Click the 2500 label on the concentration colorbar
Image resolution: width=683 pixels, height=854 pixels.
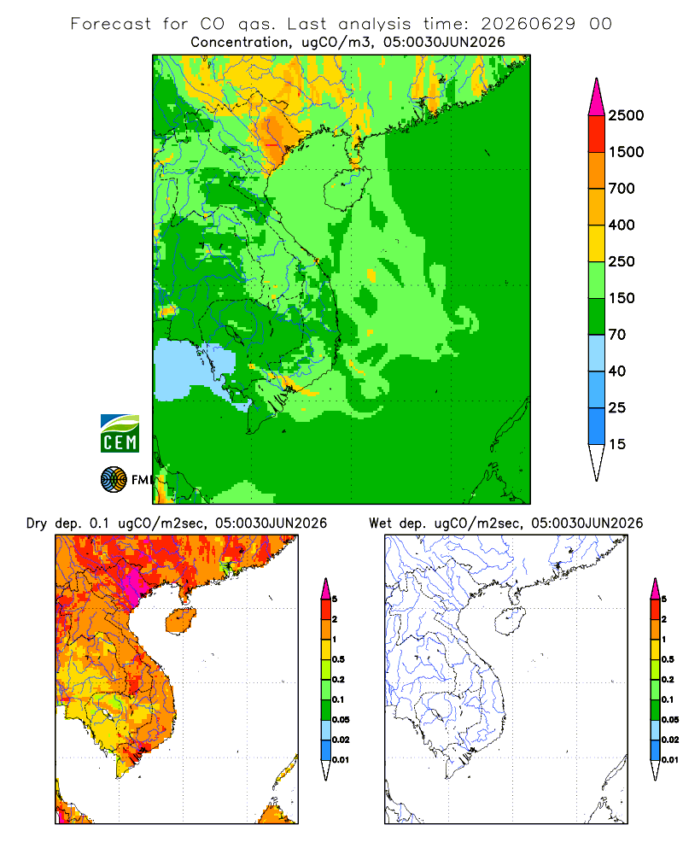(626, 115)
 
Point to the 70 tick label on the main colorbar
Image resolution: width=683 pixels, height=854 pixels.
(617, 335)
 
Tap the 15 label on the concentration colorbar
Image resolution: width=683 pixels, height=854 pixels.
(617, 444)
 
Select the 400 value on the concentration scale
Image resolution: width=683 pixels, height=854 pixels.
(622, 225)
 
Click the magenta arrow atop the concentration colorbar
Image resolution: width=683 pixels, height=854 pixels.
(597, 98)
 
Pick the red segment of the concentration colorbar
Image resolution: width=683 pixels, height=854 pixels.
(597, 134)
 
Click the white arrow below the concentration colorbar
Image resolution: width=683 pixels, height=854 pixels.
(597, 462)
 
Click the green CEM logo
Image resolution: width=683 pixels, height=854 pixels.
(120, 434)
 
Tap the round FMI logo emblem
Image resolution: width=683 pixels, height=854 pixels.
(114, 480)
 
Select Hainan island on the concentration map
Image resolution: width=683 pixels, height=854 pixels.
(347, 189)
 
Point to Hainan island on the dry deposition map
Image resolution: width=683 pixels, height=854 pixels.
(180, 621)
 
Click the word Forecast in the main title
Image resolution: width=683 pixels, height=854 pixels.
(111, 24)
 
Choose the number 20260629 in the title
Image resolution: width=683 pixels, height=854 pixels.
(528, 24)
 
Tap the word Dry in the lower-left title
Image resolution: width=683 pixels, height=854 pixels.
(37, 524)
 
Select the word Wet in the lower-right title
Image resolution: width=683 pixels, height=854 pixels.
(380, 524)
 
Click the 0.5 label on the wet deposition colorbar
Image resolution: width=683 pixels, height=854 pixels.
(667, 659)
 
